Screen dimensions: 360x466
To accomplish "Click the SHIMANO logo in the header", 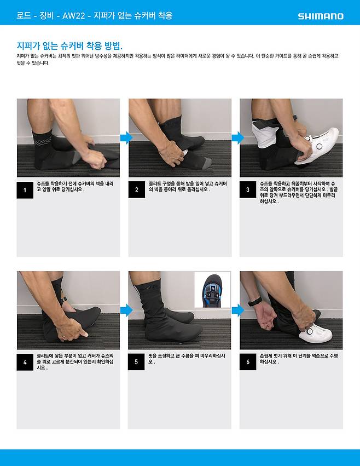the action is (321, 16).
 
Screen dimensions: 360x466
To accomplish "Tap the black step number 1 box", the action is (25, 190).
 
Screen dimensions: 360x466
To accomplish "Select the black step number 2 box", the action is (137, 189).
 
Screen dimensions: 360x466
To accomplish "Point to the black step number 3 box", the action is (248, 189).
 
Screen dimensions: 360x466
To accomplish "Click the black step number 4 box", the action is (25, 362).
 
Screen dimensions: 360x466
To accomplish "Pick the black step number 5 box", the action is (136, 362).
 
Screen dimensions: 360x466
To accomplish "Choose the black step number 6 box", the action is (248, 362).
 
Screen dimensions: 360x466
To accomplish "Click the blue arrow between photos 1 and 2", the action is (126, 137).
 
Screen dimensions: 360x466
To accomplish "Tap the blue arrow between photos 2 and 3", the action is (237, 137).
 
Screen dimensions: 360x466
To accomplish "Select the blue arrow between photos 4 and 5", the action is (126, 310).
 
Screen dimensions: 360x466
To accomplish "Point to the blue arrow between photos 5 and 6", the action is (237, 310).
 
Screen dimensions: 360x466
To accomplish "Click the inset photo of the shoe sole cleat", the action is (212, 290).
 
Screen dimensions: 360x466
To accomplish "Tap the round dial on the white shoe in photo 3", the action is (319, 146).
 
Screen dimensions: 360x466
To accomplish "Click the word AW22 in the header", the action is (74, 16).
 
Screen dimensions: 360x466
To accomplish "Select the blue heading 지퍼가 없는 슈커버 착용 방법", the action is (69, 46).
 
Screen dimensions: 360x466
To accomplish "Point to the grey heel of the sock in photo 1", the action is (76, 157).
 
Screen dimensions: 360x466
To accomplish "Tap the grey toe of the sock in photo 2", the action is (207, 163).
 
